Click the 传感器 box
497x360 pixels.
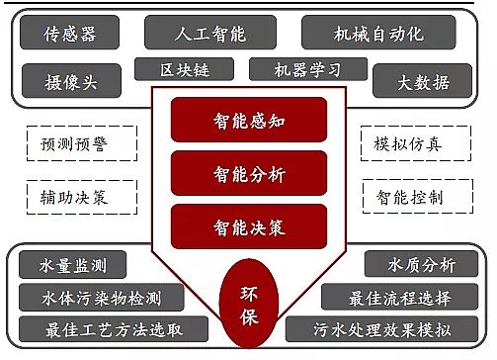coord(71,34)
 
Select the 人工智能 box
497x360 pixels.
coord(209,34)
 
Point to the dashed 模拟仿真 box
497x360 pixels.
coord(408,144)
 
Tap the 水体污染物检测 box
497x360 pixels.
coord(102,297)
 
